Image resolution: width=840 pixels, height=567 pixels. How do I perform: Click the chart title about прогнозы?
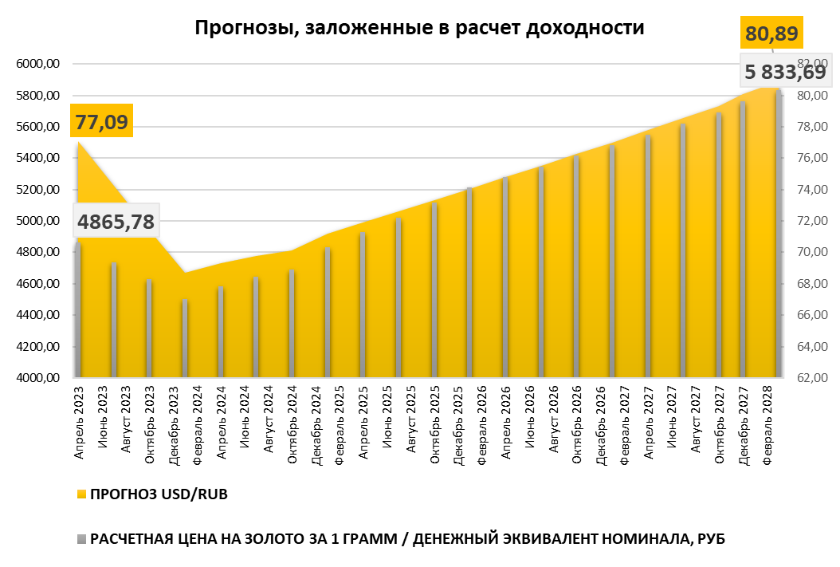(419, 29)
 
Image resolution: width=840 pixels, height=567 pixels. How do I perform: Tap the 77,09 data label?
(101, 122)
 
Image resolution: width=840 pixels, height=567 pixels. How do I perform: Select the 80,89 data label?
(771, 33)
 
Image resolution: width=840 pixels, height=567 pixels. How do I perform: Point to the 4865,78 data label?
(116, 221)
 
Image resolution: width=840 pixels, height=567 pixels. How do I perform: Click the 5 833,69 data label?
(784, 72)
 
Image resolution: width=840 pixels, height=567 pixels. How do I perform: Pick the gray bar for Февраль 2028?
(779, 239)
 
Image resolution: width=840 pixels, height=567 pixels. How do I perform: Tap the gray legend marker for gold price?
(82, 539)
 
